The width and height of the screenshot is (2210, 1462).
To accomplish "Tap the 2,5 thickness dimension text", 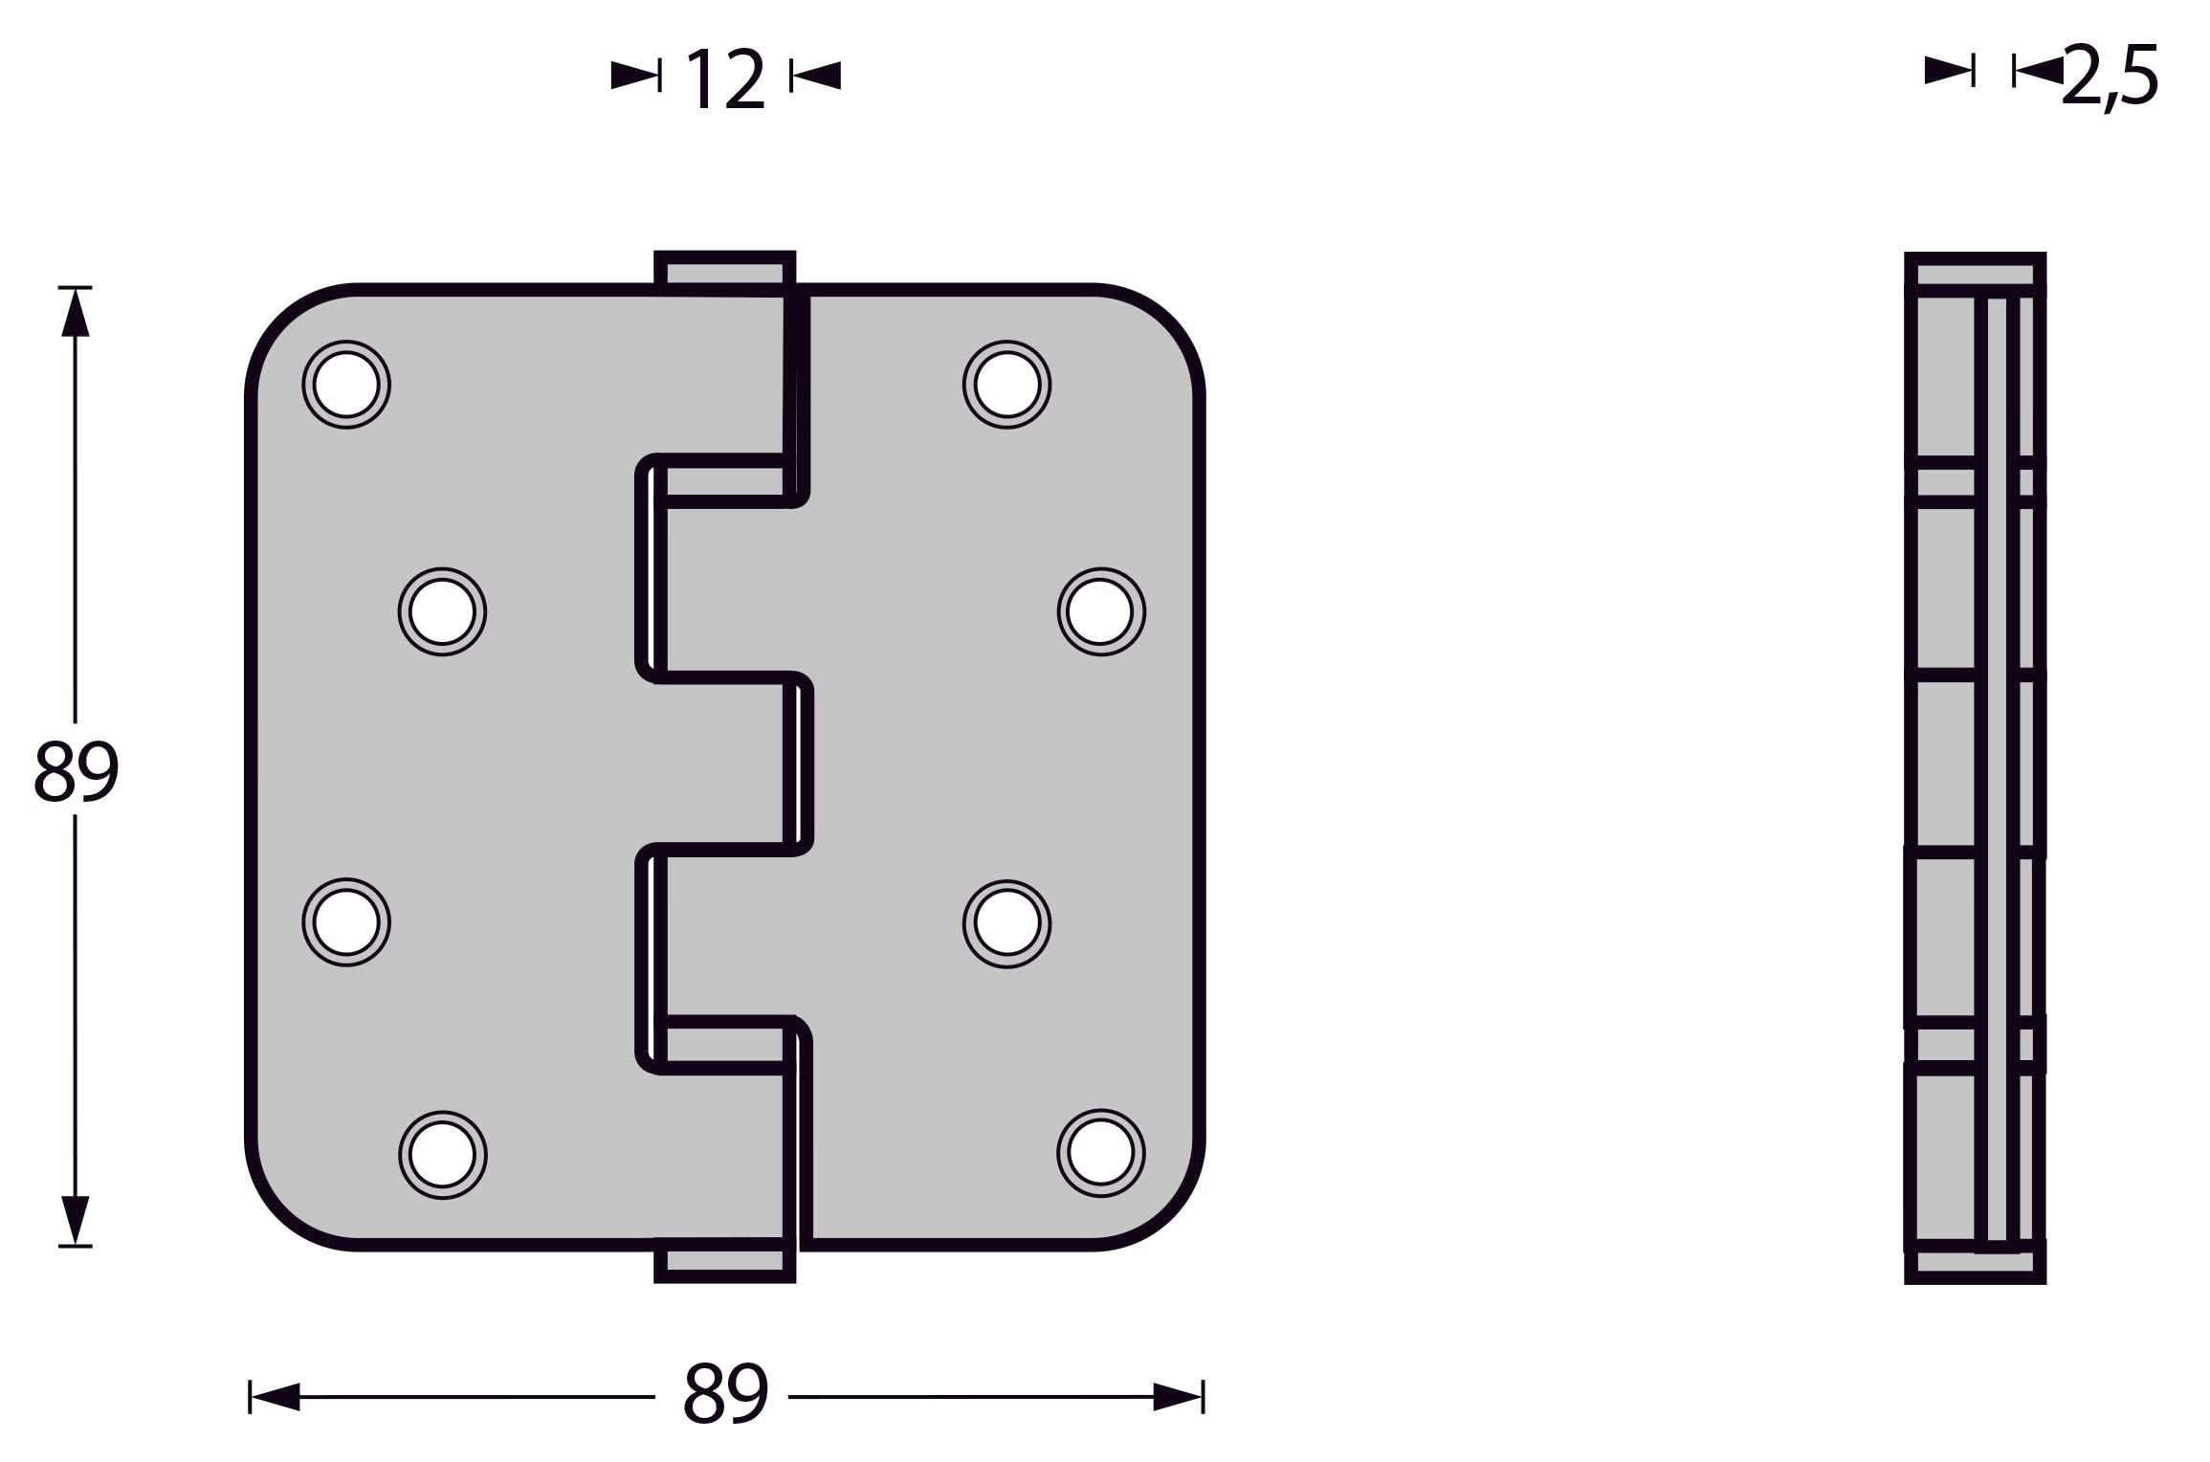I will pyautogui.click(x=2111, y=77).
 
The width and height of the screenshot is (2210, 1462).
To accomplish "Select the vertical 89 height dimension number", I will pyautogui.click(x=77, y=771).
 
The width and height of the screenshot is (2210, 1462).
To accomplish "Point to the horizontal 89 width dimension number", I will pyautogui.click(x=725, y=1393).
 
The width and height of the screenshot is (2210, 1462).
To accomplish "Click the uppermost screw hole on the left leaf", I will pyautogui.click(x=346, y=385).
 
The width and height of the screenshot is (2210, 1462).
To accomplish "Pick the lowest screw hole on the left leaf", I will pyautogui.click(x=442, y=1155).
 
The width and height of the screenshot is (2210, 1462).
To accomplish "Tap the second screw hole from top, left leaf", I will pyautogui.click(x=442, y=611).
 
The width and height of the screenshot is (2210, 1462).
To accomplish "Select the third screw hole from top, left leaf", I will pyautogui.click(x=346, y=922).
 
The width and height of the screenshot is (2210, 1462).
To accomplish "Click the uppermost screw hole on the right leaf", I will pyautogui.click(x=1006, y=385).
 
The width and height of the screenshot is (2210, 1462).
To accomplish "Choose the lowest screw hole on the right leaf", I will pyautogui.click(x=1101, y=1153).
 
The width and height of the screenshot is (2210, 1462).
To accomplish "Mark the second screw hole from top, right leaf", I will pyautogui.click(x=1101, y=611).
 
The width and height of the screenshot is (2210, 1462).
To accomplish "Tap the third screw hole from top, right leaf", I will pyautogui.click(x=1006, y=923).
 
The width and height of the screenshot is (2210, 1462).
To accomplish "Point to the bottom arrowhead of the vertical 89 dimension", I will pyautogui.click(x=76, y=1219).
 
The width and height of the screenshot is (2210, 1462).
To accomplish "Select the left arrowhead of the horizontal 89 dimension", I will pyautogui.click(x=276, y=1396).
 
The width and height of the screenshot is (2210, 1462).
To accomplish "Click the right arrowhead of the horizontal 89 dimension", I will pyautogui.click(x=1177, y=1396).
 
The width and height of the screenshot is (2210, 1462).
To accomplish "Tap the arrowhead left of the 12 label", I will pyautogui.click(x=634, y=75).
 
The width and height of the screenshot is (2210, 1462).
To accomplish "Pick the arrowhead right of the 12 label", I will pyautogui.click(x=817, y=75).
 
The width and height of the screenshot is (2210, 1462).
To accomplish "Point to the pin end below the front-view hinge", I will pyautogui.click(x=724, y=1263).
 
